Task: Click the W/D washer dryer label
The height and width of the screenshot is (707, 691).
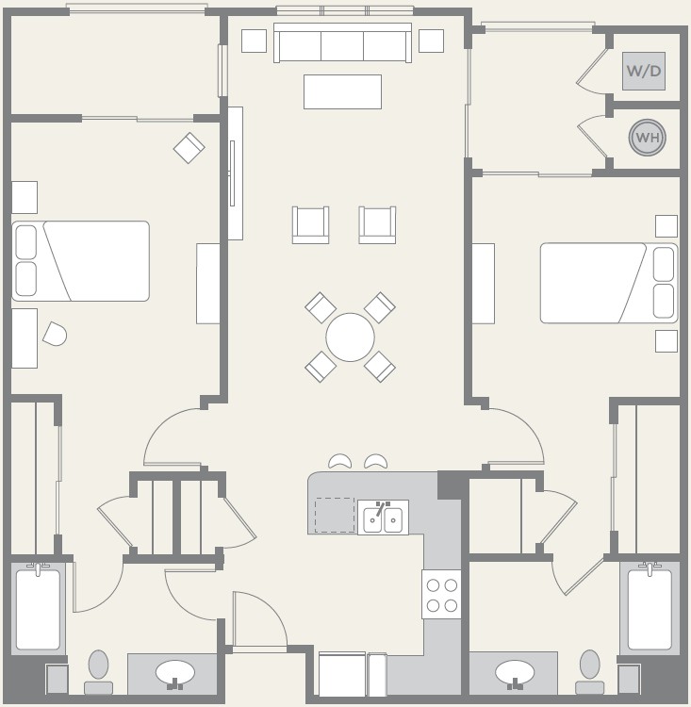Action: coord(643,71)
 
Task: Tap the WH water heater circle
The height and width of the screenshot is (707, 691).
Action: coord(648,138)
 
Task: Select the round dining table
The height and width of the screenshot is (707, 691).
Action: coord(350,337)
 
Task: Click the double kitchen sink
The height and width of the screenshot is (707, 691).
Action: coord(383,518)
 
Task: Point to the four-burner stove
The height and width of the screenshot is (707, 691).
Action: coord(441,594)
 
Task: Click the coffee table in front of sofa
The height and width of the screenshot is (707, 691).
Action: coord(343,92)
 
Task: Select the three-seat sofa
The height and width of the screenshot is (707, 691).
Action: coord(342,42)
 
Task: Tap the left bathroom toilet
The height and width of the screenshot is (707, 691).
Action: coord(98,672)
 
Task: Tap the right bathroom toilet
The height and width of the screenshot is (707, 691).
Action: coord(590,672)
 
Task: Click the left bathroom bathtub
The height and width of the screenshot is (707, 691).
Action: coord(38,609)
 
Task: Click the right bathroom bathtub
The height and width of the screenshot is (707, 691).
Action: coord(650,609)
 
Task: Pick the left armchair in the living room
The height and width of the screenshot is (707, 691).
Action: coord(310,225)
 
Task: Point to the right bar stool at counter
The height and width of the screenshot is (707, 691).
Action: coord(376,461)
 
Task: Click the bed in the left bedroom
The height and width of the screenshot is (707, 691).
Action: coord(80,261)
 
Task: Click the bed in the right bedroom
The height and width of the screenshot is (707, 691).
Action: coord(609,283)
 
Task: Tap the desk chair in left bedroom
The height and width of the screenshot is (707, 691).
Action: coord(55,334)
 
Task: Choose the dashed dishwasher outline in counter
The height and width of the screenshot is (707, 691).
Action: coord(335,515)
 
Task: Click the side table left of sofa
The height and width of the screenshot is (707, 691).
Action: coord(254,41)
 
